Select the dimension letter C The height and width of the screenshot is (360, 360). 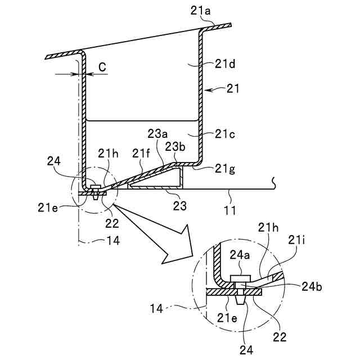102,67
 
